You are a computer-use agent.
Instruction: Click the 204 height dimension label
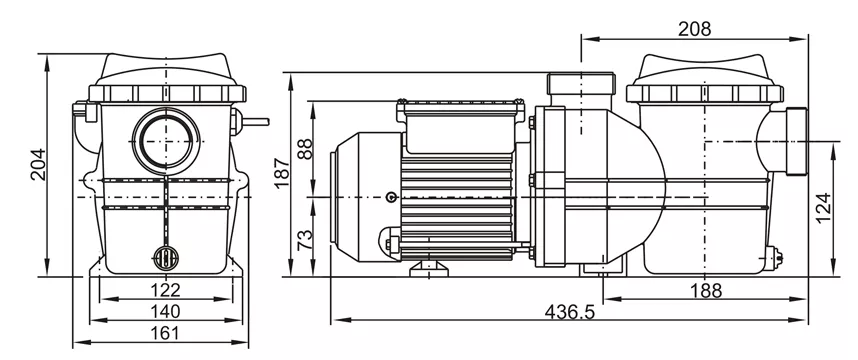(38, 164)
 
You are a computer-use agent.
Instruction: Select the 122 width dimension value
(165, 290)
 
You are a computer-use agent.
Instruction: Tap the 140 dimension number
(165, 311)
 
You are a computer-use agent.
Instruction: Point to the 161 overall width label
(165, 333)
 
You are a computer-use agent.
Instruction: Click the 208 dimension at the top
(694, 29)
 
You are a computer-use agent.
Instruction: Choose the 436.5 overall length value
(570, 312)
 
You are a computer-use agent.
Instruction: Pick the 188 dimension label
(706, 291)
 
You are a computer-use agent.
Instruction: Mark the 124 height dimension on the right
(823, 208)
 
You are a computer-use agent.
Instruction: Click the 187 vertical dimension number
(282, 173)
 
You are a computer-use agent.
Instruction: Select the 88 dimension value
(304, 149)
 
